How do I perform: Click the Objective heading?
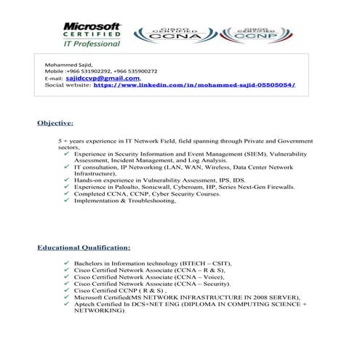pos(55,123)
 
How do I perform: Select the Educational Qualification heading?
pos(84,248)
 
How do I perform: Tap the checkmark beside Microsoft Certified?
pos(67,297)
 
